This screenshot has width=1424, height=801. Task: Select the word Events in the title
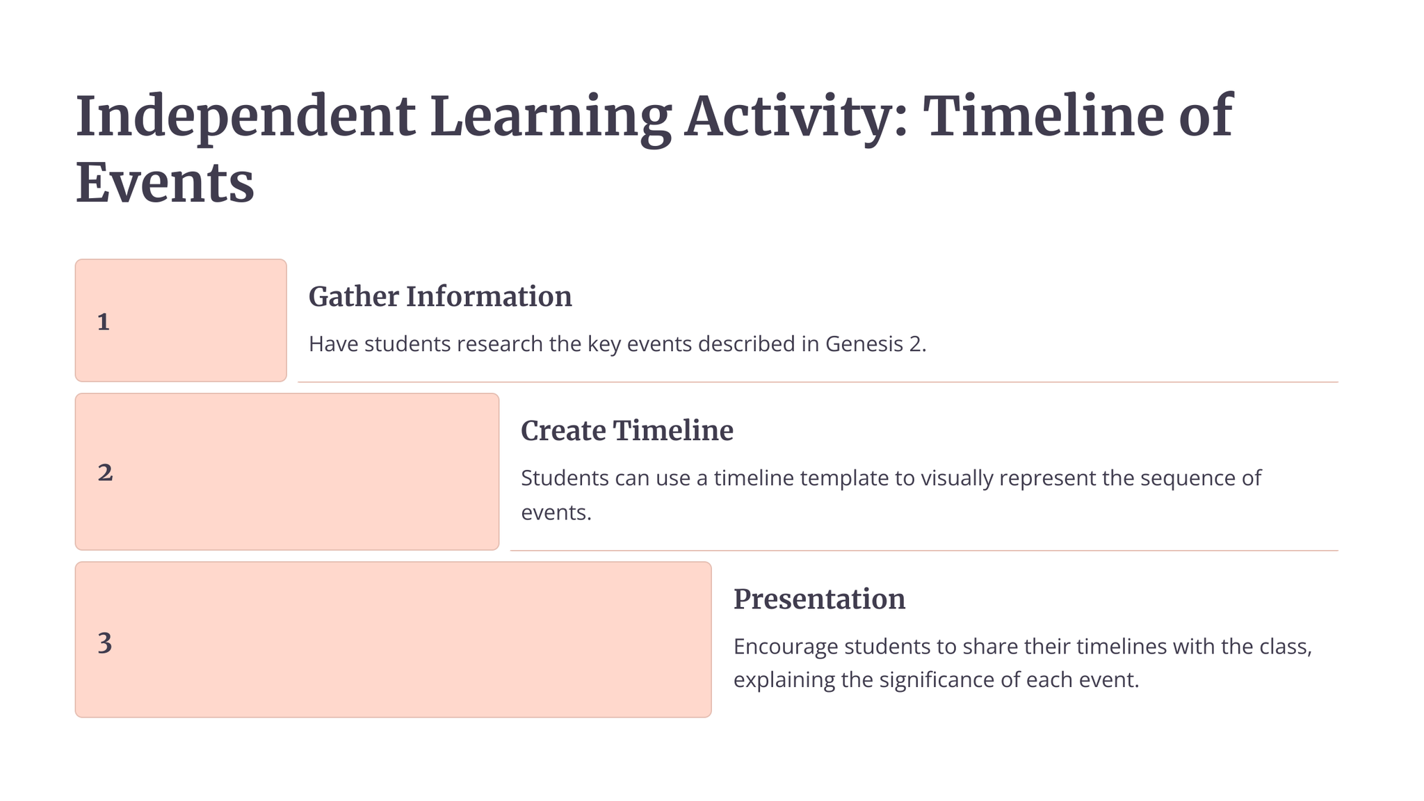pyautogui.click(x=165, y=183)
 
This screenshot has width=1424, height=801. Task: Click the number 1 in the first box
pyautogui.click(x=104, y=322)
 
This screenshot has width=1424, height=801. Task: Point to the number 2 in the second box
pyautogui.click(x=105, y=473)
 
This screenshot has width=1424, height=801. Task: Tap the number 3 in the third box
pyautogui.click(x=105, y=642)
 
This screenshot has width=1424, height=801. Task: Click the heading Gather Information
pyautogui.click(x=440, y=297)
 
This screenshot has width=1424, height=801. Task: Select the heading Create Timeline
pyautogui.click(x=627, y=430)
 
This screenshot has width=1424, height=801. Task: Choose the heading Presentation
pyautogui.click(x=820, y=599)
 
